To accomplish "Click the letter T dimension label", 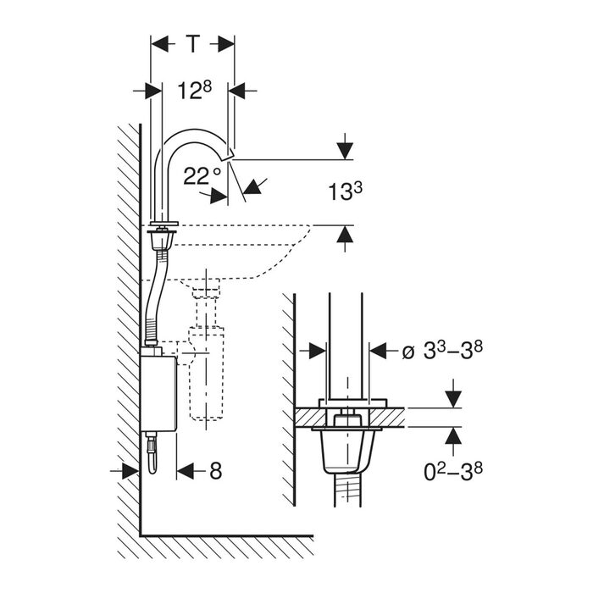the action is (x=193, y=44).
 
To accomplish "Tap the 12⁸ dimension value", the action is (x=195, y=91).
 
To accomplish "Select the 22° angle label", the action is (x=202, y=176).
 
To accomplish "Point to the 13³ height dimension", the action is (x=345, y=191).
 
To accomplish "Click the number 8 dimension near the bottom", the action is (x=215, y=471).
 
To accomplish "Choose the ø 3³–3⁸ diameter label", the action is (x=442, y=352).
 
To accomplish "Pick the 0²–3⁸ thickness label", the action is (x=453, y=472).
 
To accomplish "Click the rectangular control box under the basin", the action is (x=158, y=393).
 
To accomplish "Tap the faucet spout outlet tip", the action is (x=230, y=155).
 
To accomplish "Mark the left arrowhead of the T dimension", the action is (x=159, y=44).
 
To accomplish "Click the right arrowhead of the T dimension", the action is (x=226, y=44).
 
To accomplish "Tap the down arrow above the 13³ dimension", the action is (x=345, y=152).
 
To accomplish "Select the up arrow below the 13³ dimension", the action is (x=345, y=234).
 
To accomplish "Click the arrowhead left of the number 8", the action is (x=186, y=471).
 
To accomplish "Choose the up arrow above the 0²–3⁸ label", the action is (x=453, y=435).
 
